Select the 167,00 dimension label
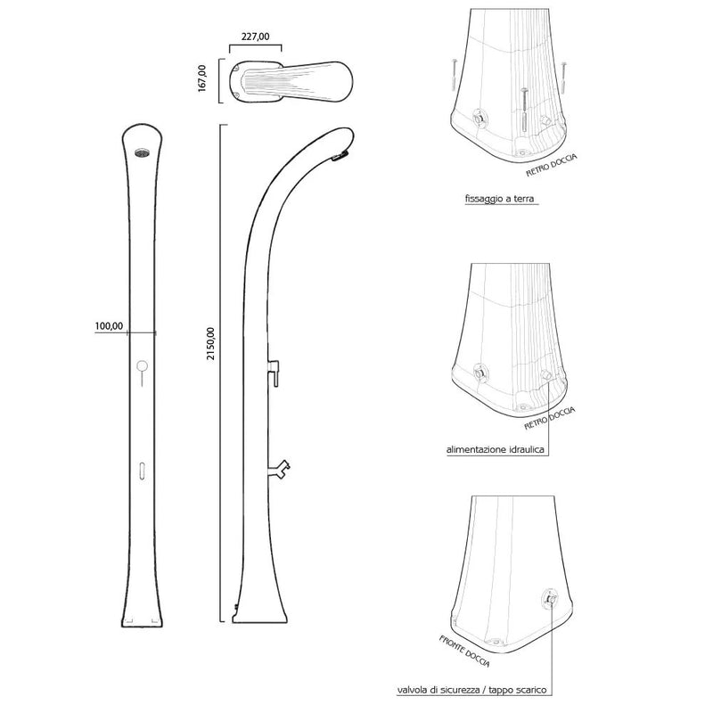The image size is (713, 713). point(202,77)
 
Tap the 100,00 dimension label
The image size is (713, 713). point(108,326)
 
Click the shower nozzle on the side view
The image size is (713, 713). point(338,158)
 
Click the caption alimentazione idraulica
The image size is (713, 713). point(496,451)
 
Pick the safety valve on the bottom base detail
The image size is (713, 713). point(551,601)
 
